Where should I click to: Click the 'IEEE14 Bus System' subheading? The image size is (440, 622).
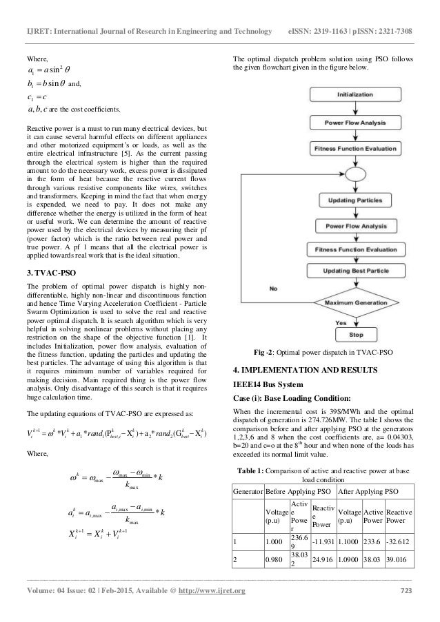pos(263,386)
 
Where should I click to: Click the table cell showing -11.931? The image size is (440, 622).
pos(320,541)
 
